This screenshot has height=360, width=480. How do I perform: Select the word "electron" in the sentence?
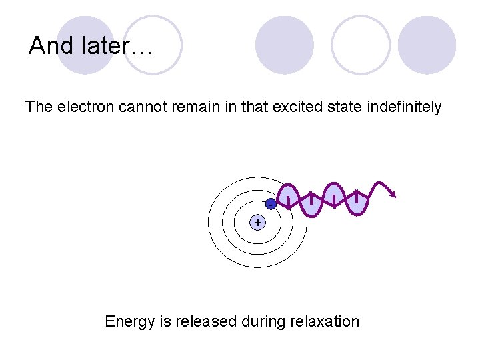[85, 107]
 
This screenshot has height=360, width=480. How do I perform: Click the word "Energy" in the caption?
[130, 322]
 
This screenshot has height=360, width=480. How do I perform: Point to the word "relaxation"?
[325, 321]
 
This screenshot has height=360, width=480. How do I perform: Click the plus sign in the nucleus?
[257, 222]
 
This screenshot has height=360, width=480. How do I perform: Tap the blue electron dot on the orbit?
[271, 204]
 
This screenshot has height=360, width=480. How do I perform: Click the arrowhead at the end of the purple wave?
[393, 194]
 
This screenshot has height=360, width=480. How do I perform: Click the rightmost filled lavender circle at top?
[427, 45]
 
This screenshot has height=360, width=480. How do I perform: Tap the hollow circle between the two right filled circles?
[361, 45]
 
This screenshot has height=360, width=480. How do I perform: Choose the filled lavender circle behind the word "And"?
[85, 45]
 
